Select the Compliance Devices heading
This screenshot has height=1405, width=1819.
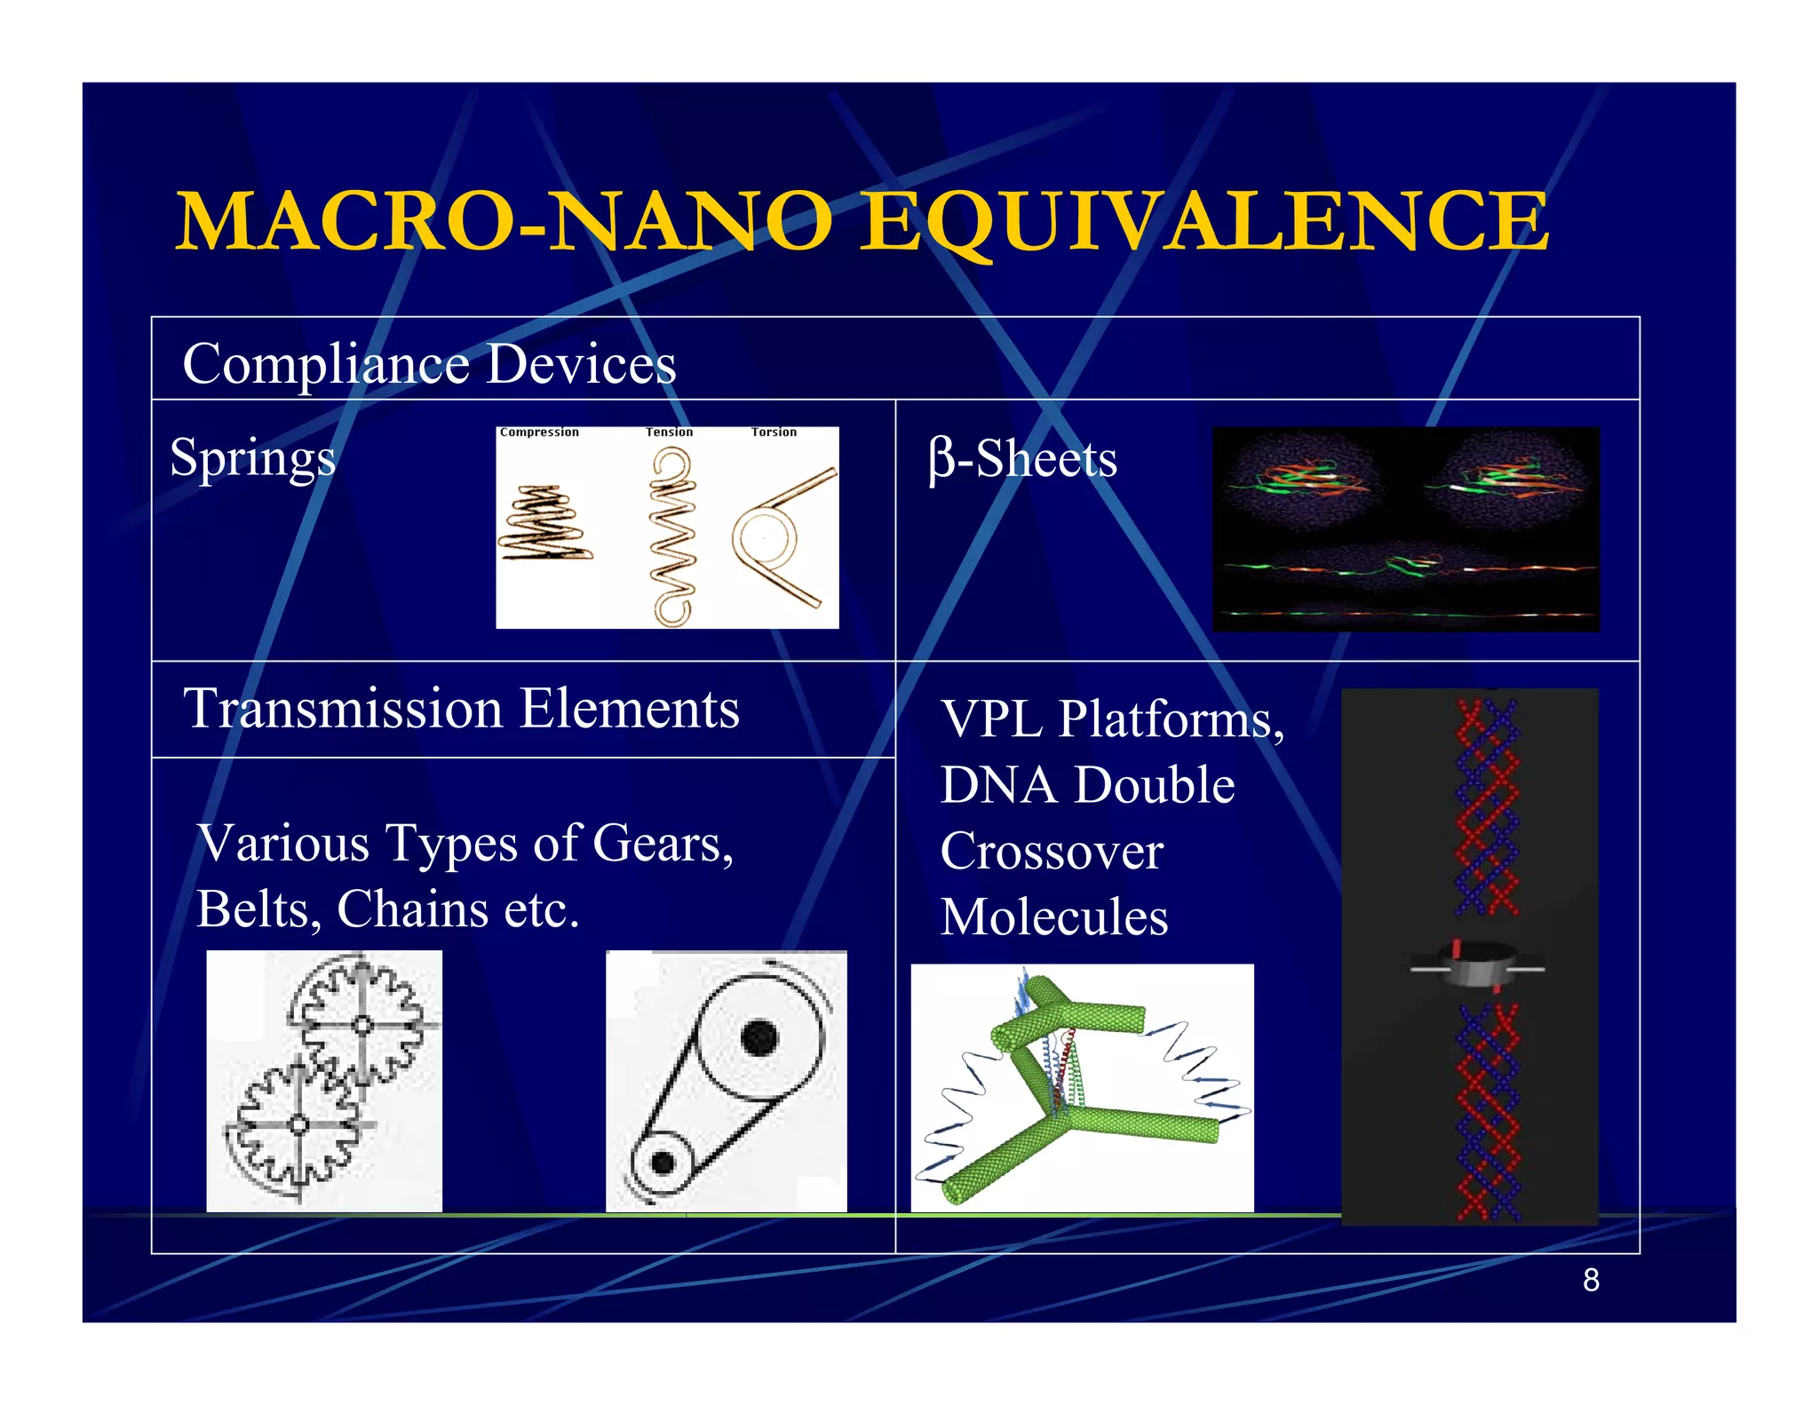click(x=429, y=363)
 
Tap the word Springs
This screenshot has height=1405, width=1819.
click(x=252, y=458)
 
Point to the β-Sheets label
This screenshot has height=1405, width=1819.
click(x=1022, y=459)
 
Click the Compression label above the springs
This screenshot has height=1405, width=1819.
click(x=539, y=433)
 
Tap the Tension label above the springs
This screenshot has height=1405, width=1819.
click(x=669, y=433)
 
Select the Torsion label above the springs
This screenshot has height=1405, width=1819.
click(x=774, y=433)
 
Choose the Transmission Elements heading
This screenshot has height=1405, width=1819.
click(x=461, y=709)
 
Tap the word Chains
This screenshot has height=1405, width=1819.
click(x=412, y=909)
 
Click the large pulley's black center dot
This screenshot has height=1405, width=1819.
click(x=759, y=1037)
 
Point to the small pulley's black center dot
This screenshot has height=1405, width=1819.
click(x=662, y=1162)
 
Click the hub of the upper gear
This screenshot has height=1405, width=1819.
click(x=362, y=1025)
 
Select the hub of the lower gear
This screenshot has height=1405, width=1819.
click(x=299, y=1124)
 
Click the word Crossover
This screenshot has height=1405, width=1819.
click(x=1052, y=851)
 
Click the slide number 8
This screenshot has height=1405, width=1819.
click(x=1591, y=1280)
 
